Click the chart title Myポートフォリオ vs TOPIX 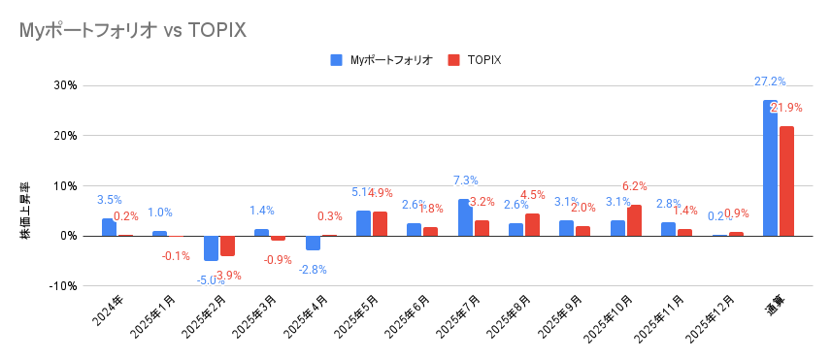point(132,30)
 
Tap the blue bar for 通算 point(770,168)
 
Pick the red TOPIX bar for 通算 point(786,180)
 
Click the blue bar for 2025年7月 point(465,217)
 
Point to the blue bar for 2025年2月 point(211,247)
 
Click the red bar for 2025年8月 point(532,224)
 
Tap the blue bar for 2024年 point(109,227)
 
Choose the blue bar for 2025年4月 point(313,243)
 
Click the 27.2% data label point(770,82)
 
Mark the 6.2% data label point(634,186)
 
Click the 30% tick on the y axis point(64,85)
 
